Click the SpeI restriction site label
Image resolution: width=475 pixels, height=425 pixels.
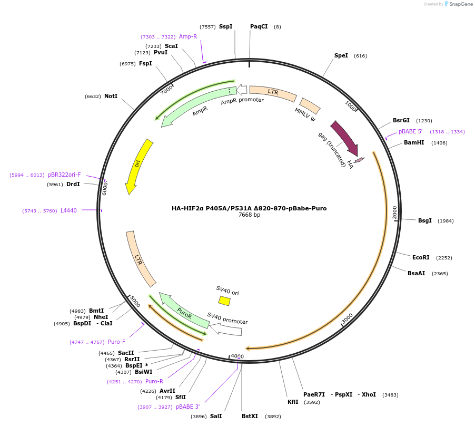341,56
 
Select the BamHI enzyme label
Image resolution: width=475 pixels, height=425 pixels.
413,142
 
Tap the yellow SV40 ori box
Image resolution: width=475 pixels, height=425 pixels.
224,301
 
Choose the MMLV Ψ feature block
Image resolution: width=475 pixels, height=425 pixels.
310,105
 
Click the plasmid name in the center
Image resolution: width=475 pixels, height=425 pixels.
249,208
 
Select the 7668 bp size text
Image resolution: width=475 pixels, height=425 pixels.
249,215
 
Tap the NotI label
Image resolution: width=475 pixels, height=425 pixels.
111,96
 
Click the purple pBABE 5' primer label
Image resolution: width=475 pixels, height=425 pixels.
410,132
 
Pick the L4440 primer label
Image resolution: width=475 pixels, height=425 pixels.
68,211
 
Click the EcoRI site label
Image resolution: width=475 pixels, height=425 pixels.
421,258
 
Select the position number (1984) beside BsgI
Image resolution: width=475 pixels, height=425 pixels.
446,221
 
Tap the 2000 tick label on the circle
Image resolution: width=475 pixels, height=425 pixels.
394,213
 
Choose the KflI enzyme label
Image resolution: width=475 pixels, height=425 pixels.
293,402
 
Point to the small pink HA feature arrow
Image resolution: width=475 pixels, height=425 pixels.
359,160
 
